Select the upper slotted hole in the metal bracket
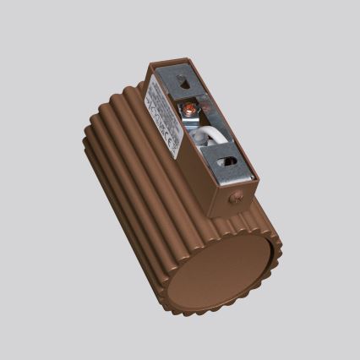tap(184, 83)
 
